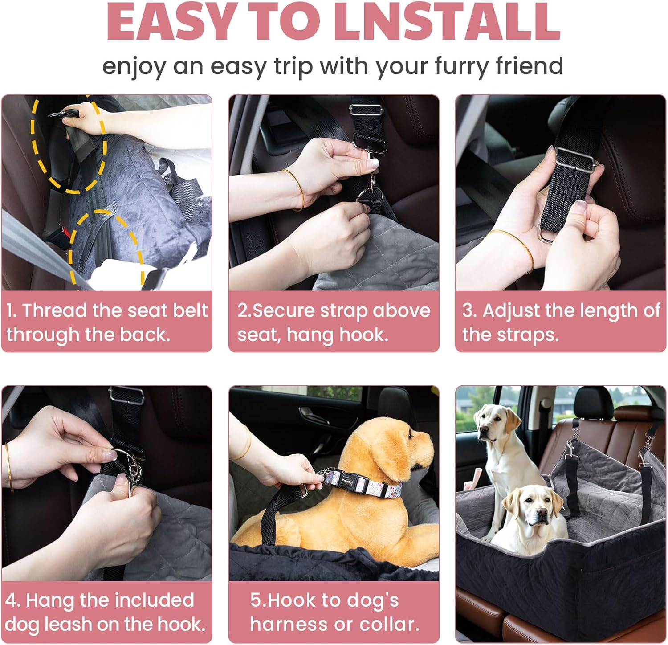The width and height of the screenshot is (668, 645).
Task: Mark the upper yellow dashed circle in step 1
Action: [x=69, y=145]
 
